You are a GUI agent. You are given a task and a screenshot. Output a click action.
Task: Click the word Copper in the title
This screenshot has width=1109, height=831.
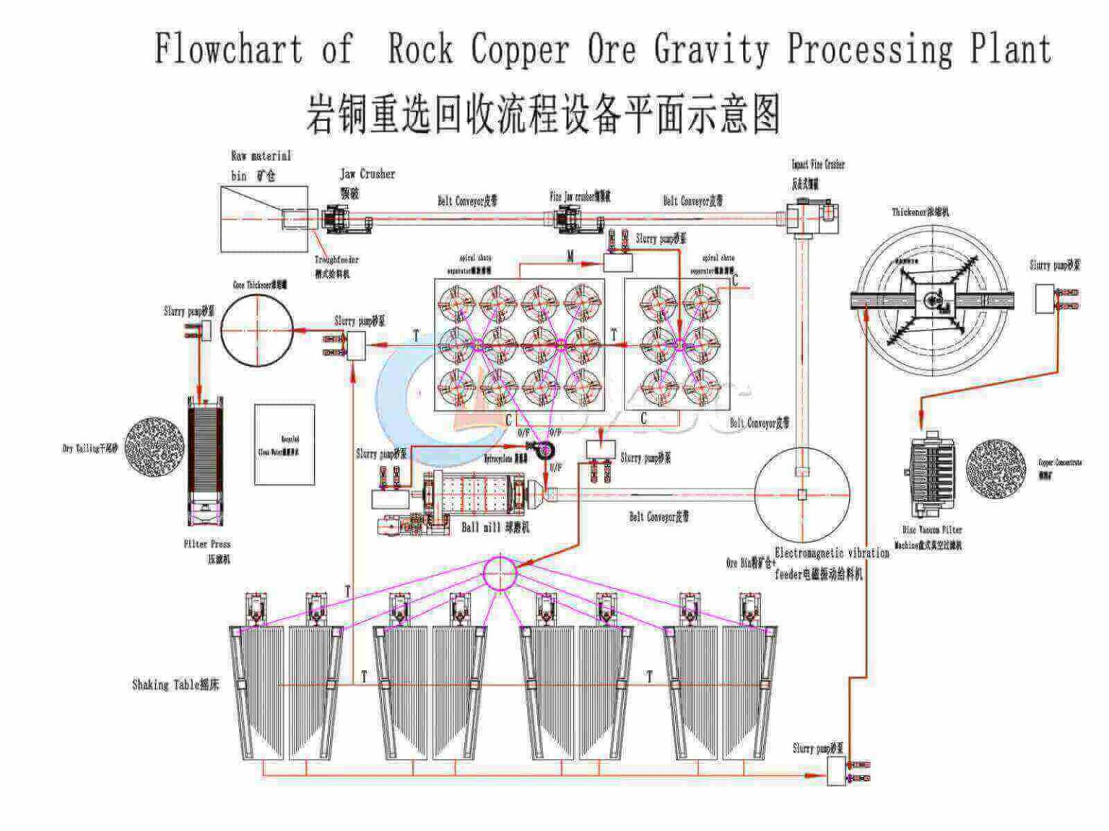point(519,49)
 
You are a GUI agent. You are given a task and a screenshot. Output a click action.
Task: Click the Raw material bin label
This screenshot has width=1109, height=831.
point(260,165)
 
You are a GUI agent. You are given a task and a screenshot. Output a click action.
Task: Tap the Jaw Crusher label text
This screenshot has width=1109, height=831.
point(368,174)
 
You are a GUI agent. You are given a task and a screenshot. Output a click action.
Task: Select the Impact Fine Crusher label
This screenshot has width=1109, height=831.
point(817,164)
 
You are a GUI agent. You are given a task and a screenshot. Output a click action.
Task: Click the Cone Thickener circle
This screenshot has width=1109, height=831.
point(256,330)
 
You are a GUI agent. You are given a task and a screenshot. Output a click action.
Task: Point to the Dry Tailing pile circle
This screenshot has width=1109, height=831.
point(154,447)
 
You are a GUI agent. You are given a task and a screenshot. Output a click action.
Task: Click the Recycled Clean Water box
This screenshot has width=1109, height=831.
point(284,444)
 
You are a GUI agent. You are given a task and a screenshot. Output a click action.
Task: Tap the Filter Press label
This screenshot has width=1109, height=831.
point(207,544)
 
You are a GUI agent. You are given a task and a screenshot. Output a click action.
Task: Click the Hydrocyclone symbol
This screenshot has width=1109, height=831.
point(542,452)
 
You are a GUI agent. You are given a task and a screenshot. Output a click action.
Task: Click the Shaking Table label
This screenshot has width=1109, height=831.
point(175,685)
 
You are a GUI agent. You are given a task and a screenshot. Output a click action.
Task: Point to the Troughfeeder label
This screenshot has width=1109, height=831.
point(336,260)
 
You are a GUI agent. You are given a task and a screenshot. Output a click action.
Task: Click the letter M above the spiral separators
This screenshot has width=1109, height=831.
point(570,256)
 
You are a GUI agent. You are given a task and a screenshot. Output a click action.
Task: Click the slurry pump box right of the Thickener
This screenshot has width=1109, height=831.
point(1045,299)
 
